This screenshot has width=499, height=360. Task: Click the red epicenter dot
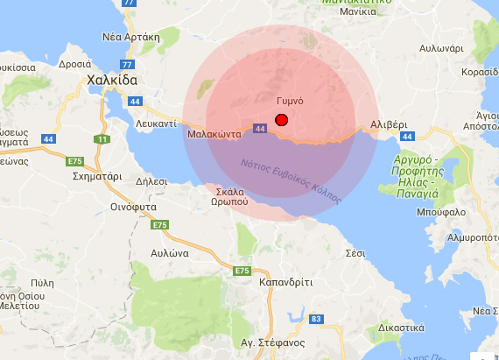click(281, 120)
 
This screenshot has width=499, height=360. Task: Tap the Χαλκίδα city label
click(113, 81)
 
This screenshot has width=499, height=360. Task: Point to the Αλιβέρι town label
click(389, 124)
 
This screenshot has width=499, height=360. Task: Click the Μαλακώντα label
click(214, 135)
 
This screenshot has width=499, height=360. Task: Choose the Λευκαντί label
click(158, 124)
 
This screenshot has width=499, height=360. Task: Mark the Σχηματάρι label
click(96, 176)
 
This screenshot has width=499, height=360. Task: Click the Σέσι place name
click(355, 252)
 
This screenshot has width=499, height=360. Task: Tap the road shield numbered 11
click(103, 139)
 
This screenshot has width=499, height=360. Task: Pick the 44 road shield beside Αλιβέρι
click(405, 137)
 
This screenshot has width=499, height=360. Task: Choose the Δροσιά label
click(74, 64)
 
